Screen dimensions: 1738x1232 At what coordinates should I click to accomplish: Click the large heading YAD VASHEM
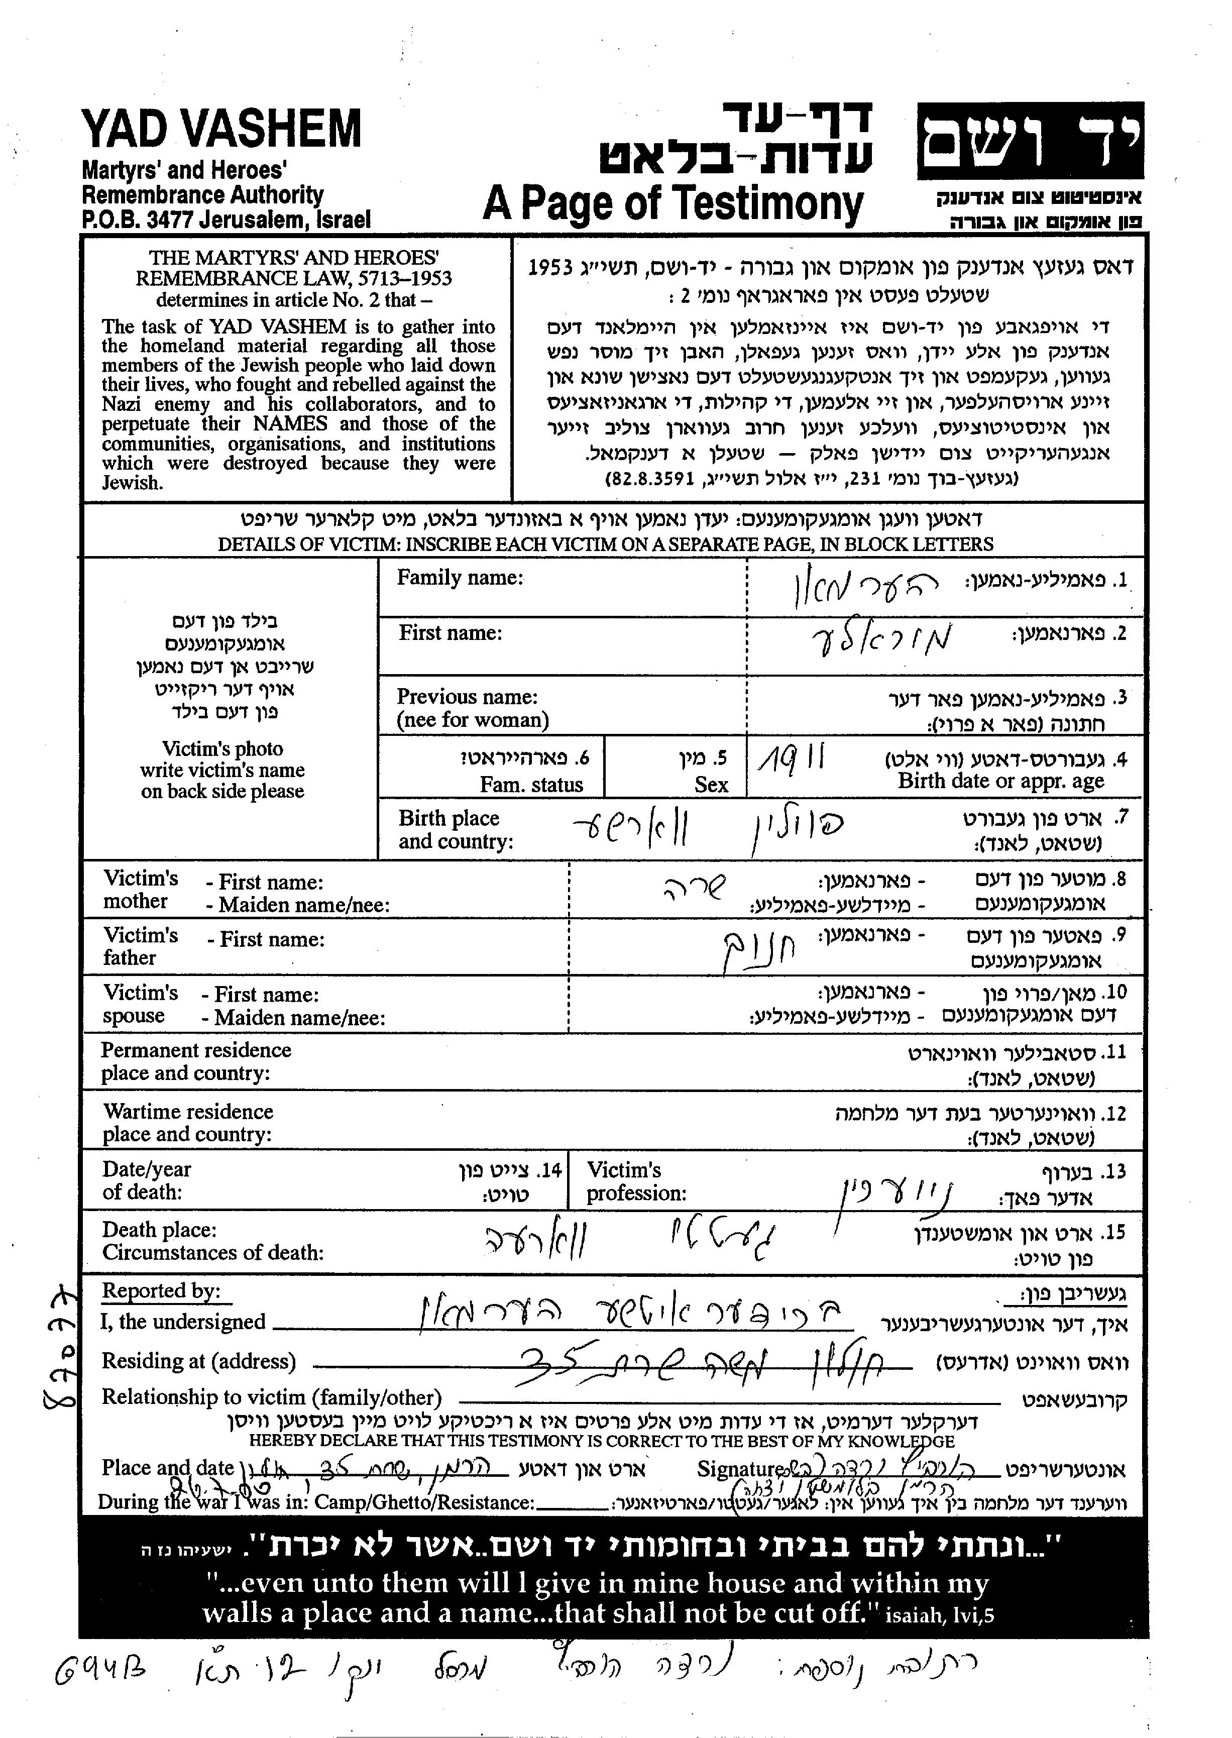221,129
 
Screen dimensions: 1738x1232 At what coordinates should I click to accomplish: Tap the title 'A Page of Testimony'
673,203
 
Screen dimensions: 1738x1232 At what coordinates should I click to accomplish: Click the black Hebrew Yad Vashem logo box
1030,141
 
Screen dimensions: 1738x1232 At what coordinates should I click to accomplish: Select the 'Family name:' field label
460,578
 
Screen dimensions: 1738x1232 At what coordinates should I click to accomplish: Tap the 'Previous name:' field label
467,696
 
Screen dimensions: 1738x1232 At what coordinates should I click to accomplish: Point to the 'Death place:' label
159,1229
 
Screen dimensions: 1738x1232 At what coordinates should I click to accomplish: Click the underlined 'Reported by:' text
161,1290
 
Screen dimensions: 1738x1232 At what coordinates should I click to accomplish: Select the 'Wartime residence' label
188,1112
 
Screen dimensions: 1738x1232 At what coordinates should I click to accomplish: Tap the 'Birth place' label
449,818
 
